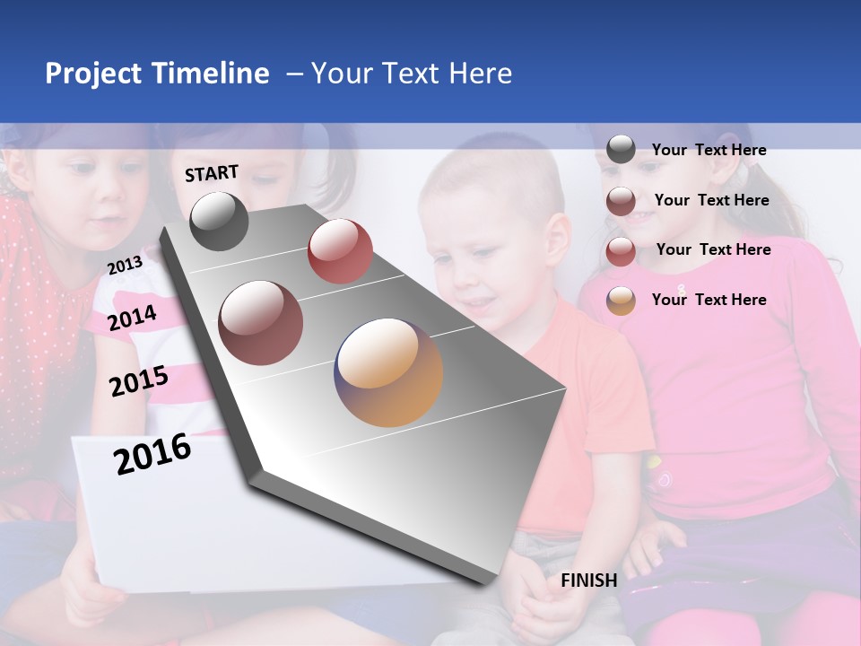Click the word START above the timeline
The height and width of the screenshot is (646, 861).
(212, 173)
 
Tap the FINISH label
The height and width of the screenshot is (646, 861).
(588, 581)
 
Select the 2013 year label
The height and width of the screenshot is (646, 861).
(125, 265)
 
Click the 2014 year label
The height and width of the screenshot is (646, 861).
(133, 318)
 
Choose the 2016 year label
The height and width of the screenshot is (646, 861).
(152, 454)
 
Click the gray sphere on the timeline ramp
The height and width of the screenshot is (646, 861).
(219, 221)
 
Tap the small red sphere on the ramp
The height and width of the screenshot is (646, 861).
(340, 251)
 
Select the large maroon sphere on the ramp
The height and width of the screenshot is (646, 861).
(261, 323)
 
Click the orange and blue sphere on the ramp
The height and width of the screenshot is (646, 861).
(388, 372)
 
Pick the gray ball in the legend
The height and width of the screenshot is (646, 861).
(621, 150)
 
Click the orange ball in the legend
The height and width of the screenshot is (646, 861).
(621, 301)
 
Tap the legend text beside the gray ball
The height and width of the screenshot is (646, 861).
(709, 150)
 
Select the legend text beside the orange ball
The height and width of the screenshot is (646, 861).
(709, 300)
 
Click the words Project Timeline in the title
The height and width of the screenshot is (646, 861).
(157, 74)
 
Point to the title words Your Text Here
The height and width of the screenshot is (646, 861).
(412, 74)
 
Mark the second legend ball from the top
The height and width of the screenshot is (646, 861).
(621, 201)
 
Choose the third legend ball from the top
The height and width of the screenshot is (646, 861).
(621, 251)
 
